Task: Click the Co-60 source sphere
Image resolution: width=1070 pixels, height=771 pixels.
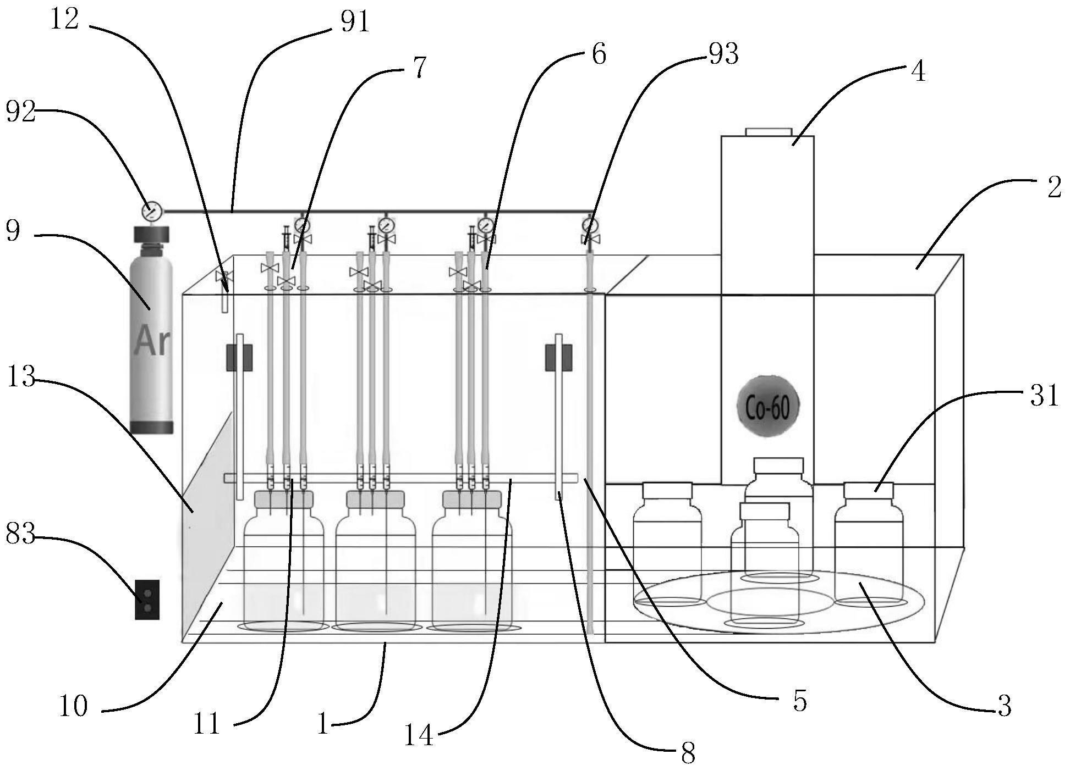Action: [767, 406]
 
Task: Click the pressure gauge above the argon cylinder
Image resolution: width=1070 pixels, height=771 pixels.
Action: [152, 210]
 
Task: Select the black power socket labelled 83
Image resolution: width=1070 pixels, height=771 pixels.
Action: [147, 600]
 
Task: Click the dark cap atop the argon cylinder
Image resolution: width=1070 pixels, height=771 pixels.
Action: [152, 234]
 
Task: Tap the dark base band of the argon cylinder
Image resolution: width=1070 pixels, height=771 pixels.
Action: [152, 427]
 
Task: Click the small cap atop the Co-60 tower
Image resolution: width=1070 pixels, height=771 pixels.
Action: [769, 131]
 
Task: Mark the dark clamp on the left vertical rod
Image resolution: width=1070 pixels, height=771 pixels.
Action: [239, 357]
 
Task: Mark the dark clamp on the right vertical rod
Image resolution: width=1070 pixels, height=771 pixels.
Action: [558, 357]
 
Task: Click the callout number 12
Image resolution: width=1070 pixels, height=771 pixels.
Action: [64, 20]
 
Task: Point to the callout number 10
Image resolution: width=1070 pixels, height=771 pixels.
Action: [73, 706]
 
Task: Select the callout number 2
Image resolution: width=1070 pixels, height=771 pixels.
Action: [1053, 188]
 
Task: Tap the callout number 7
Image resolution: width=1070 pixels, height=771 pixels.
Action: [419, 68]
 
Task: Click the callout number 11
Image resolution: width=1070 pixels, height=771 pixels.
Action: [206, 724]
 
